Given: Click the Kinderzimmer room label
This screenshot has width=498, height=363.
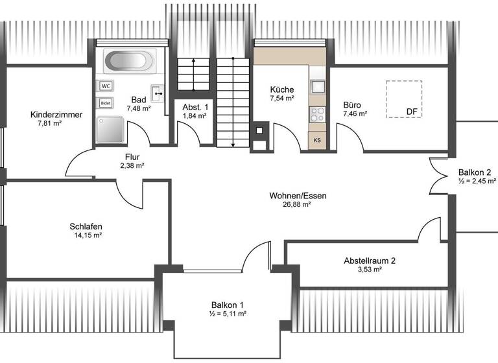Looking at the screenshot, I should (56, 115).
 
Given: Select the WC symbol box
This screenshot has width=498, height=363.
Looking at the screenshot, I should (106, 86).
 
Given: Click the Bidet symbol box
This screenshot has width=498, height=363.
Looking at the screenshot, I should (106, 102).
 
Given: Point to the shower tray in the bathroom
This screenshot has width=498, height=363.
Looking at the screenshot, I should (110, 130).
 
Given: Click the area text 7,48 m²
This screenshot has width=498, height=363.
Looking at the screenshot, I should (138, 108).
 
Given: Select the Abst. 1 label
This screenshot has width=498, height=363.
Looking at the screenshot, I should (195, 107).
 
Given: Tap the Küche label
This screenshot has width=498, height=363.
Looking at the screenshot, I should (282, 89).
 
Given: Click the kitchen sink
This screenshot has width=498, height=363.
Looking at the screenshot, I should (318, 86).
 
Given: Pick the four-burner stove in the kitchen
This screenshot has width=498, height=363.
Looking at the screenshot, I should (318, 115).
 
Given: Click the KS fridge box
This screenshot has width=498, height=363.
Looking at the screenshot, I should (317, 140).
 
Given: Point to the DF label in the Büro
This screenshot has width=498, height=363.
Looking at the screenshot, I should (412, 111).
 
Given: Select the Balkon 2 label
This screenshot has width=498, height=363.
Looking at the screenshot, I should (474, 172).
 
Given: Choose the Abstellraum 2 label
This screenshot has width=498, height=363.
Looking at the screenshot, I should (370, 261).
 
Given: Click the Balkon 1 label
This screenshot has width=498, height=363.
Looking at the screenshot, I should (228, 305).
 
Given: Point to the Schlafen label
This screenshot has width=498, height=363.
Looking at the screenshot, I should (86, 226).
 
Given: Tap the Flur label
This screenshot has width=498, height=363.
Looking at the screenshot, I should (132, 157).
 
